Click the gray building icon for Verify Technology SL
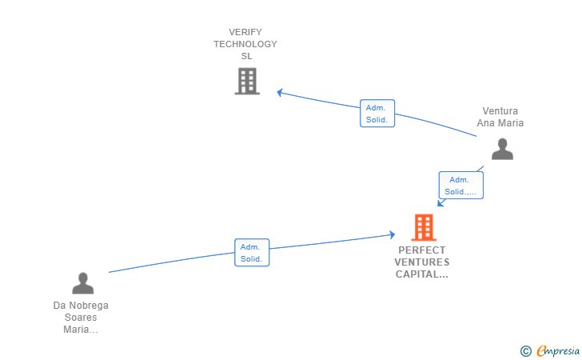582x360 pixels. click(x=247, y=81)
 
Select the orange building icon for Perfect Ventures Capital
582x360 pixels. click(x=423, y=227)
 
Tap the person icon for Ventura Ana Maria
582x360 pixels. click(x=502, y=149)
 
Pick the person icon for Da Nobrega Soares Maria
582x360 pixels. click(x=83, y=283)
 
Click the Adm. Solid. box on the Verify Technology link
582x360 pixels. click(x=377, y=114)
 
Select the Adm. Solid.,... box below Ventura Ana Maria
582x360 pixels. click(x=460, y=186)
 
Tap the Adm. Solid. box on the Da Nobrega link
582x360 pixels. click(x=252, y=253)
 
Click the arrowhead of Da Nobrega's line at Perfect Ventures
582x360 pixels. click(x=392, y=234)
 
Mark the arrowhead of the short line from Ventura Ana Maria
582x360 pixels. click(x=440, y=203)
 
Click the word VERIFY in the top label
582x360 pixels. click(x=245, y=32)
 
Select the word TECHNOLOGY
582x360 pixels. click(x=245, y=44)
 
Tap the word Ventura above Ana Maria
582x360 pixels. click(x=500, y=111)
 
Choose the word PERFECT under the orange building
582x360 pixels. click(x=422, y=250)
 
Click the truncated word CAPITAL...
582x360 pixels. click(x=422, y=274)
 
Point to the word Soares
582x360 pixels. click(x=81, y=318)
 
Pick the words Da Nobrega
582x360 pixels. click(x=81, y=306)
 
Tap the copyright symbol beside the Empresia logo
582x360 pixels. click(x=525, y=350)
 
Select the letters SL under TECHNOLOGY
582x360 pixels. click(x=246, y=56)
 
